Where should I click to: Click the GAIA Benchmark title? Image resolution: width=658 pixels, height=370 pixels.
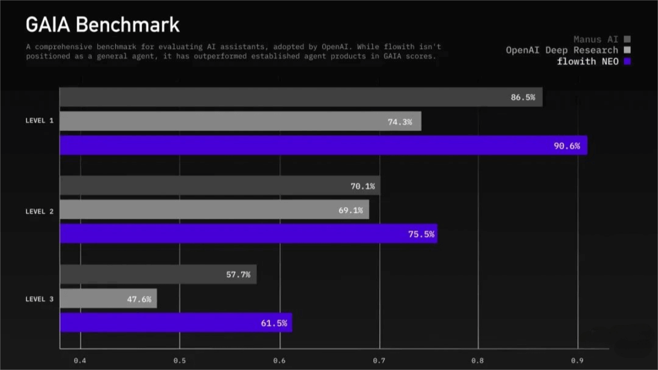pyautogui.click(x=103, y=25)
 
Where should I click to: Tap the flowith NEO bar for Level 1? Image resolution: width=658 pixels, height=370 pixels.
pyautogui.click(x=323, y=145)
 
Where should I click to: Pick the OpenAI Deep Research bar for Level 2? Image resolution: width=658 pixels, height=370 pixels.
pyautogui.click(x=214, y=209)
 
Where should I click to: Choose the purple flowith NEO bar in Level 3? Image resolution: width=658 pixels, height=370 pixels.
pyautogui.click(x=175, y=322)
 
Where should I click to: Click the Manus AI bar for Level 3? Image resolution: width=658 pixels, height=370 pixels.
pyautogui.click(x=158, y=274)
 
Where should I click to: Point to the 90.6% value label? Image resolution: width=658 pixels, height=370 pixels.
pyautogui.click(x=566, y=146)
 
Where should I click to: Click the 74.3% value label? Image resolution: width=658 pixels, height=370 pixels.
pyautogui.click(x=399, y=122)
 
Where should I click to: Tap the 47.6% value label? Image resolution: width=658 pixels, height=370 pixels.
pyautogui.click(x=139, y=299)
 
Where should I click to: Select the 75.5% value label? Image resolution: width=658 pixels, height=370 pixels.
pyautogui.click(x=421, y=234)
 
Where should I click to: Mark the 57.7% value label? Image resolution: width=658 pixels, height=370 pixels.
pyautogui.click(x=238, y=275)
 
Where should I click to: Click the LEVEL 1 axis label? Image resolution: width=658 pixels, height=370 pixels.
pyautogui.click(x=39, y=121)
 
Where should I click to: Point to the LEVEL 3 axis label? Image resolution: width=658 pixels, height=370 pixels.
pyautogui.click(x=39, y=299)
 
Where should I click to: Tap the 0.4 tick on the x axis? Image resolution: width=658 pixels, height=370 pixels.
pyautogui.click(x=80, y=360)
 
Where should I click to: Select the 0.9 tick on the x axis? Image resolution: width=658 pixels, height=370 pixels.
pyautogui.click(x=577, y=360)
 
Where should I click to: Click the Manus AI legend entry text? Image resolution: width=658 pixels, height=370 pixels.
pyautogui.click(x=595, y=39)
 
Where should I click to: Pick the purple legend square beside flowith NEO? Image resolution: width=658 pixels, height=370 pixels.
pyautogui.click(x=627, y=61)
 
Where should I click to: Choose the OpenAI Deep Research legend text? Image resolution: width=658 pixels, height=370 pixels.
pyautogui.click(x=561, y=50)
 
